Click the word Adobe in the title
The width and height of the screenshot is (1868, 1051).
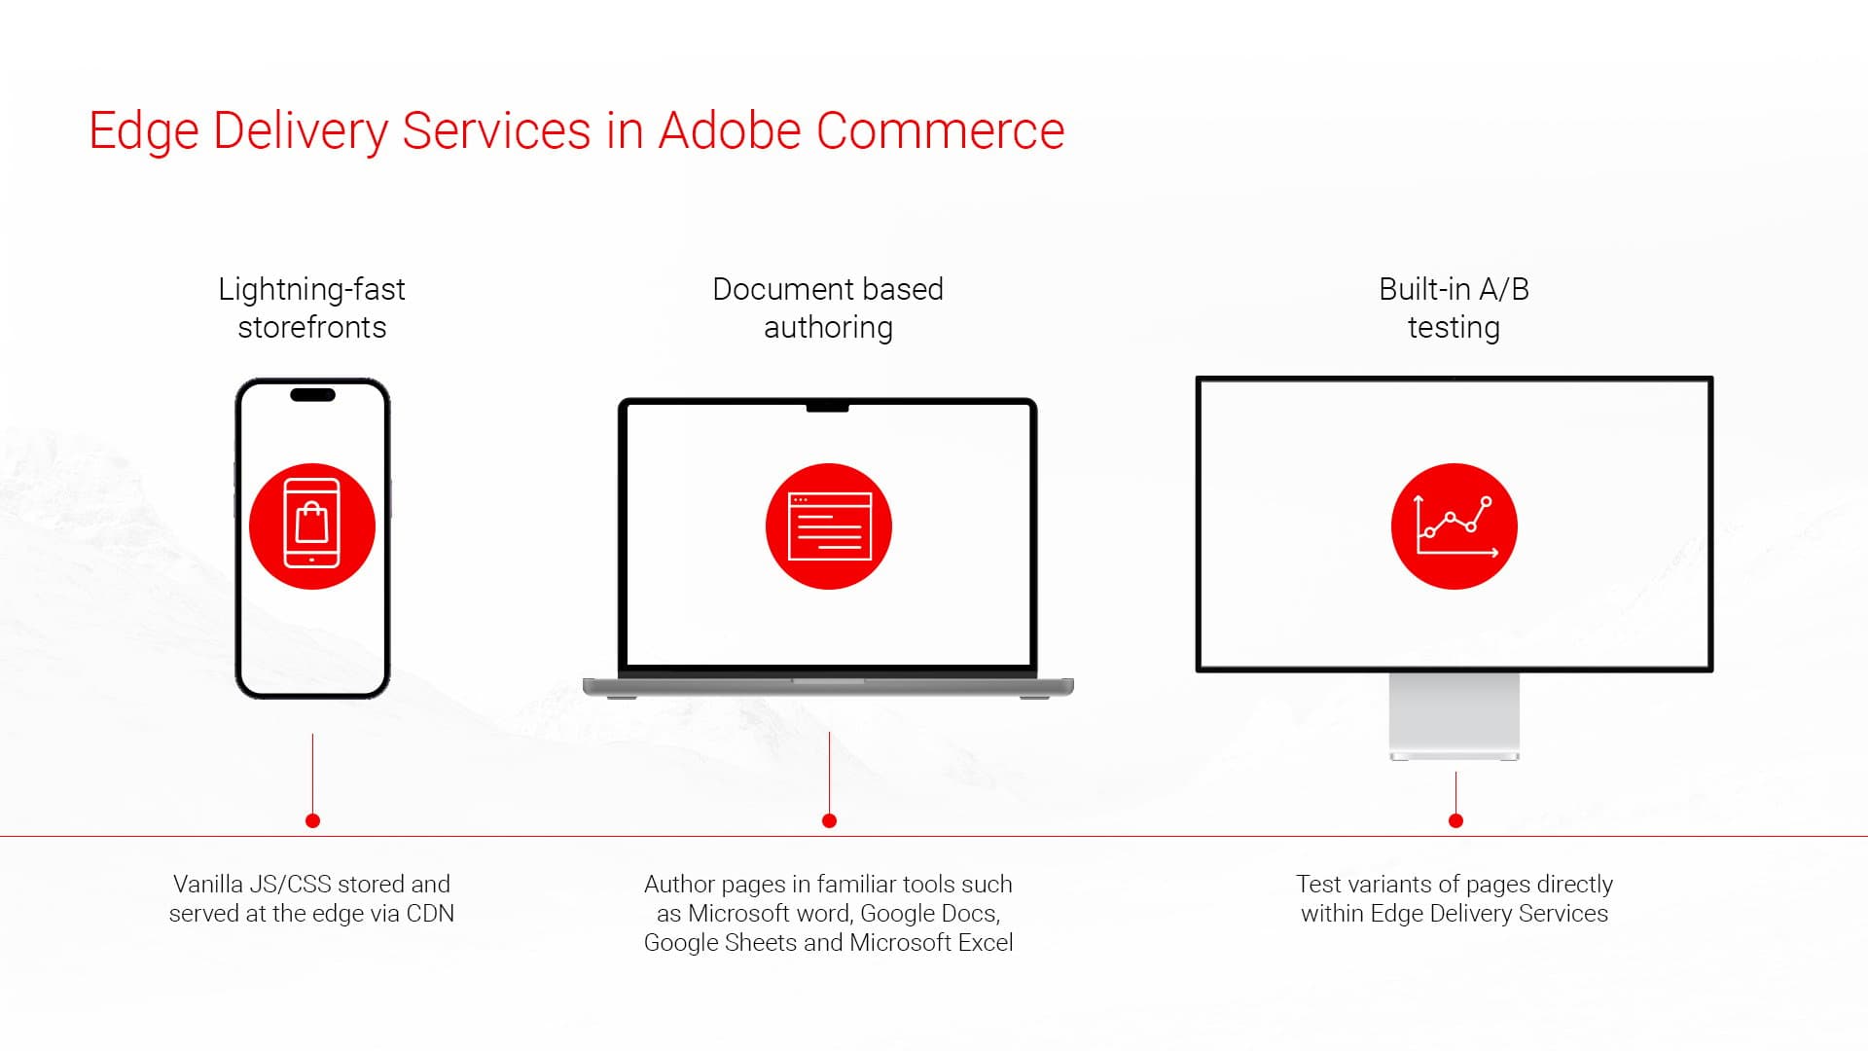(x=729, y=130)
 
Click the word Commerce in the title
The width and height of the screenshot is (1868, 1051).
(x=940, y=130)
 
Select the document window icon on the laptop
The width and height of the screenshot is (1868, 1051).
(x=829, y=526)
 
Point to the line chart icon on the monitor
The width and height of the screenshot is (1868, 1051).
(x=1455, y=526)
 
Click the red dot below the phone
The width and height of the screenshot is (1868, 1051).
(x=312, y=821)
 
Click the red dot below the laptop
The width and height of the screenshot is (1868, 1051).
(x=829, y=821)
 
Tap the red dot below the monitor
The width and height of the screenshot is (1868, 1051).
(x=1455, y=821)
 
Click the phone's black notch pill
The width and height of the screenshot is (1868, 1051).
(x=312, y=395)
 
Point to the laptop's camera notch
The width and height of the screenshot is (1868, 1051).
(x=827, y=407)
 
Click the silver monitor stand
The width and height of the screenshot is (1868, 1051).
(x=1455, y=715)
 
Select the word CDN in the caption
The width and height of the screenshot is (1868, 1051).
(x=430, y=914)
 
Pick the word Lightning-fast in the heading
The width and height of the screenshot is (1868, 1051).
(x=311, y=289)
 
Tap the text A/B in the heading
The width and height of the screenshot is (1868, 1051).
(x=1503, y=289)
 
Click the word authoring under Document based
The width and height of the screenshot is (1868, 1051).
(x=828, y=328)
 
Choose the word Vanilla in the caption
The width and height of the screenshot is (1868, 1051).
(x=207, y=885)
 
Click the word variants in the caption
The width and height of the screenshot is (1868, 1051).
(x=1388, y=885)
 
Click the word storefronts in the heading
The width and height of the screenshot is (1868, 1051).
(x=311, y=328)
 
